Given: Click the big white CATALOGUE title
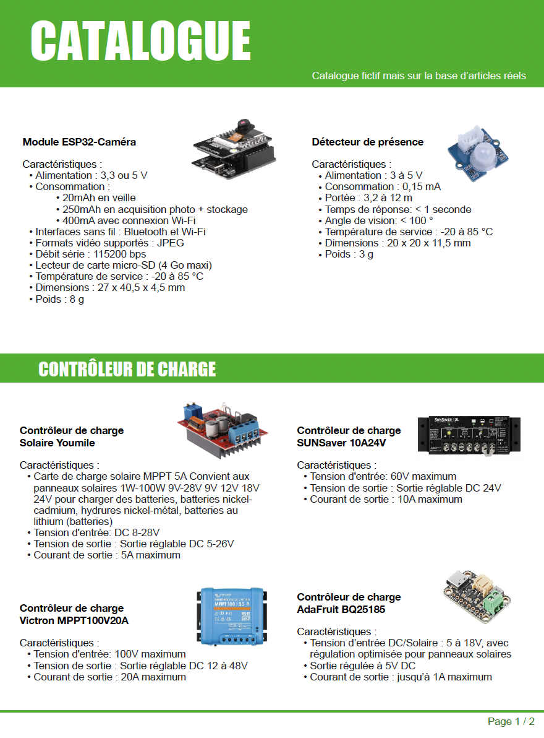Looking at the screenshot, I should [x=140, y=40].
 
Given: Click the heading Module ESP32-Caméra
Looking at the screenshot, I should [x=79, y=142].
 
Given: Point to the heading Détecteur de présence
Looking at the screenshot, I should [x=367, y=142].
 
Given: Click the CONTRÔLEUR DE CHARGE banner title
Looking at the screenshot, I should [x=127, y=370].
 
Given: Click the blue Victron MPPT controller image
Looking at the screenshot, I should [x=232, y=615].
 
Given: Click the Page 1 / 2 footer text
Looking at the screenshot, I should [x=511, y=721].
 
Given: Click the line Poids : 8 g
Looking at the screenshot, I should [x=59, y=299].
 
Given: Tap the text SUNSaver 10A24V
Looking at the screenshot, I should [x=342, y=443].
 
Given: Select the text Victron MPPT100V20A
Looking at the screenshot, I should [x=74, y=620].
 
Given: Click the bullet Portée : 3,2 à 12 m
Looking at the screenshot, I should [x=368, y=198].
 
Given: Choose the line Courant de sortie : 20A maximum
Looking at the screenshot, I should [x=109, y=677].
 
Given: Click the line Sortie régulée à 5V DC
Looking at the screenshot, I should [x=362, y=666].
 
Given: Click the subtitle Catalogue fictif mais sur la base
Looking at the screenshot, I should [x=419, y=76].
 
